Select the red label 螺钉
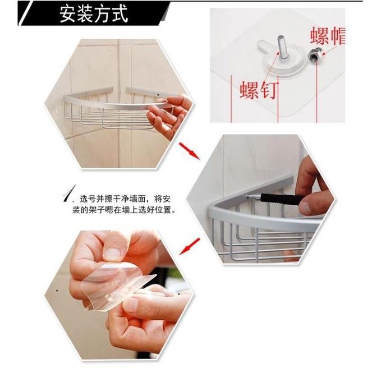[259, 89]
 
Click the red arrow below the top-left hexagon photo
[189, 150]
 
